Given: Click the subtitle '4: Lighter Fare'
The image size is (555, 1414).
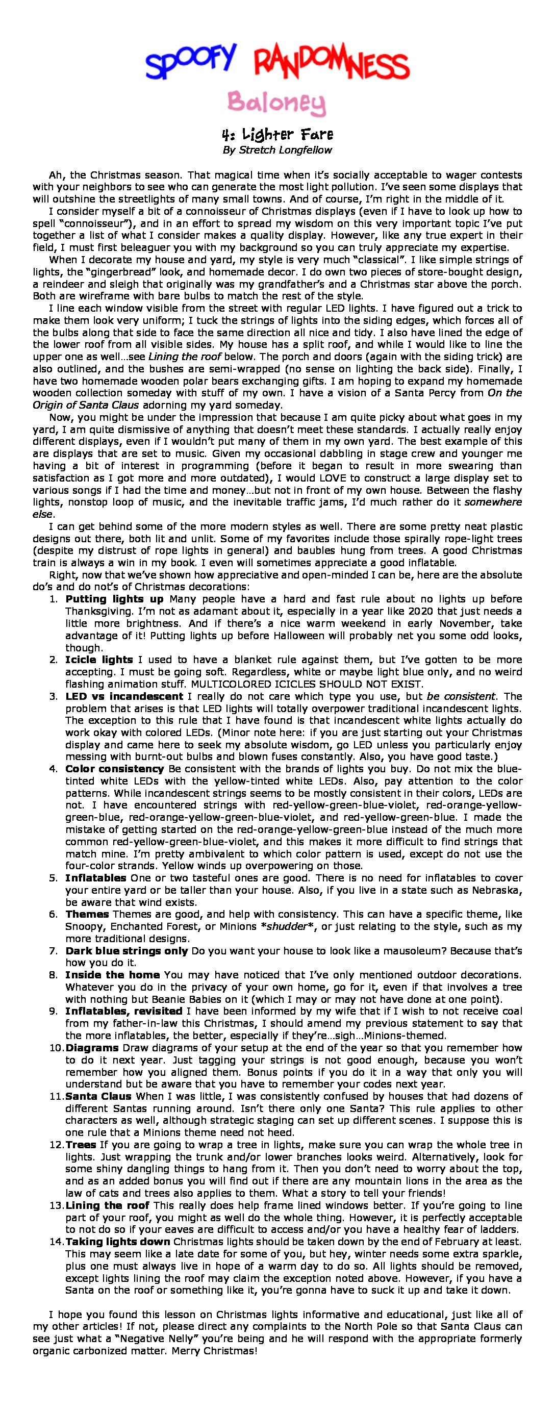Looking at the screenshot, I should point(277,135).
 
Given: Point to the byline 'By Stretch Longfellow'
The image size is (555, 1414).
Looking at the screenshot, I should point(277,150).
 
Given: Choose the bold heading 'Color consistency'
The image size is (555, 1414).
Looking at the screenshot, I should point(115,769).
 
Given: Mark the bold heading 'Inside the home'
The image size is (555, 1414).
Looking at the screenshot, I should point(113,974).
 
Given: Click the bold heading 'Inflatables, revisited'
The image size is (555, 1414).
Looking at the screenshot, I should point(124,1011).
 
